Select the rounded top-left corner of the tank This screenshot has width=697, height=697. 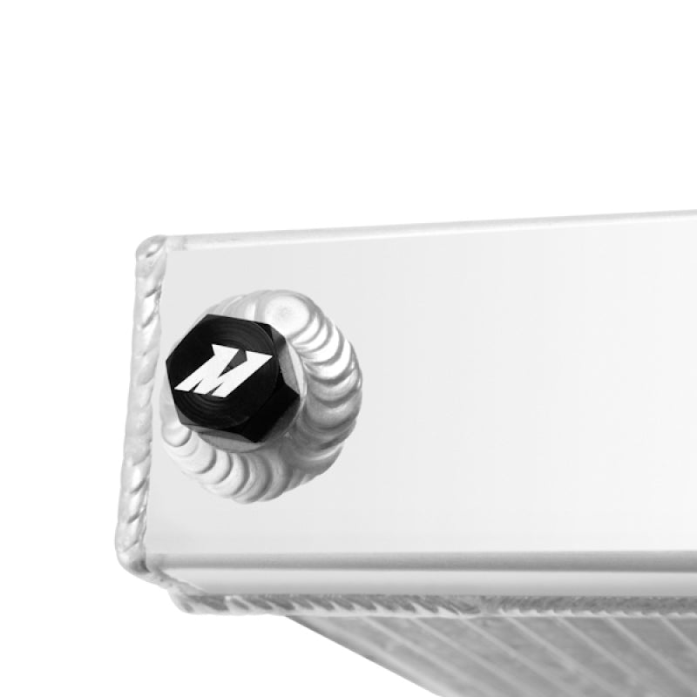pos(153,248)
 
